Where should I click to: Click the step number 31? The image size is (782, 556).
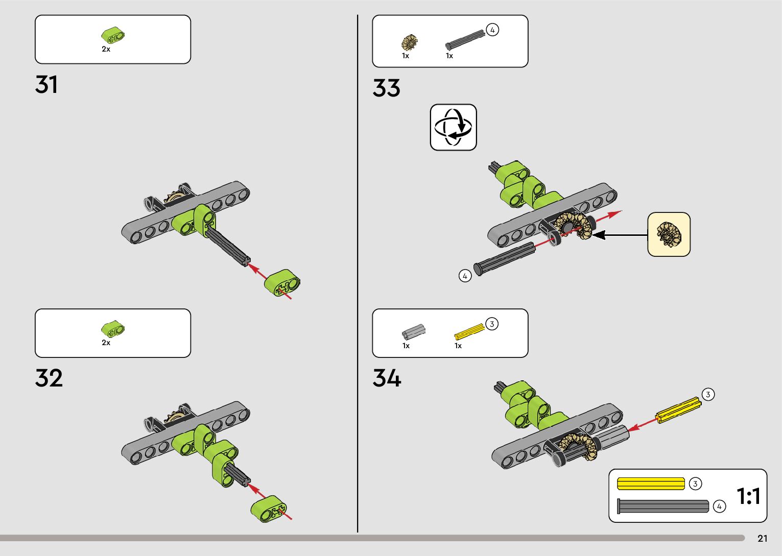click(46, 85)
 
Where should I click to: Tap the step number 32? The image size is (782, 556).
click(49, 378)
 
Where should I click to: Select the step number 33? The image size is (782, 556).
click(387, 88)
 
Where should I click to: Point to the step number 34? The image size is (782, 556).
click(387, 378)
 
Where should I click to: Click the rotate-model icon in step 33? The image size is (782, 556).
click(453, 127)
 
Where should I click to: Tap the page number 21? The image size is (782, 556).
click(763, 539)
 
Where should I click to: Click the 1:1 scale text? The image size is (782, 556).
click(748, 496)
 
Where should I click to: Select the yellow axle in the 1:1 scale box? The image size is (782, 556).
click(651, 484)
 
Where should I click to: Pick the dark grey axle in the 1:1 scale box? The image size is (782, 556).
click(663, 506)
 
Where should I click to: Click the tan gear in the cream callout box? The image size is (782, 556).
click(669, 234)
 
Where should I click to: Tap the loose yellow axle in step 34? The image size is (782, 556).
click(678, 409)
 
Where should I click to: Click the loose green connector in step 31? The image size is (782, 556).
click(282, 284)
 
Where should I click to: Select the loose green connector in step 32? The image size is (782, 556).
click(269, 509)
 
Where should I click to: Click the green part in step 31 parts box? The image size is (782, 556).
click(113, 36)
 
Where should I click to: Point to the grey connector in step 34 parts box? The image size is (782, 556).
click(413, 332)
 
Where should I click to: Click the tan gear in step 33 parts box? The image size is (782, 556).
click(409, 42)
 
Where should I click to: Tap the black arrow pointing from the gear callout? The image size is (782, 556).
click(619, 235)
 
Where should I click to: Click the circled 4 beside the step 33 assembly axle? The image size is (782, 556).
click(465, 276)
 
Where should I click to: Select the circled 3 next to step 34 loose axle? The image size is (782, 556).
click(707, 394)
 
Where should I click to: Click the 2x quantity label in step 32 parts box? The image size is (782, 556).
click(106, 343)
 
